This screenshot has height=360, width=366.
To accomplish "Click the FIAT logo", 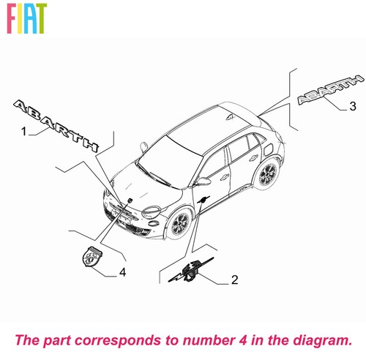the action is click(26, 18).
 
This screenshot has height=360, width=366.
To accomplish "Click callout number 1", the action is click(23, 131).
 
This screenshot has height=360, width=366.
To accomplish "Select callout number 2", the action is click(234, 280).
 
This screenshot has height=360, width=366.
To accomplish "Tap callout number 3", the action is click(353, 106).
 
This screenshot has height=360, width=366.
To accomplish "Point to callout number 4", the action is click(122, 272).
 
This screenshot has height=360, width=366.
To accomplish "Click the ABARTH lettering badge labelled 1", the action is click(56, 126).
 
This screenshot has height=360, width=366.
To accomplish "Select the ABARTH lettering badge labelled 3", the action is click(331, 90).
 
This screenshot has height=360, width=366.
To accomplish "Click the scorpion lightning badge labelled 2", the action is click(191, 270).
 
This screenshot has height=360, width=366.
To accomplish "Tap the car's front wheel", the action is click(180, 223).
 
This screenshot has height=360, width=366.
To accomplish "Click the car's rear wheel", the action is click(268, 174).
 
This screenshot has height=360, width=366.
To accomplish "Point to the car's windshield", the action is click(171, 161).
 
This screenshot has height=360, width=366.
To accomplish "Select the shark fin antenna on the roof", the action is click(230, 117).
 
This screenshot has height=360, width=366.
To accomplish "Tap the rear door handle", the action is click(254, 158).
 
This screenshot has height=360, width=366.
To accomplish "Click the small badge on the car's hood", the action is click(130, 200).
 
